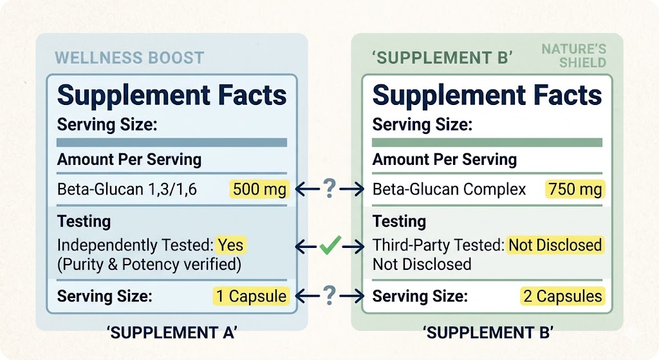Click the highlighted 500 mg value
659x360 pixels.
coord(259,189)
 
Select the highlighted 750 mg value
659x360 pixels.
coord(575,189)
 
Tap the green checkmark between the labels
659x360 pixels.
coord(329,245)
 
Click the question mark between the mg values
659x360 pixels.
coord(329,189)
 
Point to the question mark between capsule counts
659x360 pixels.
coord(329,296)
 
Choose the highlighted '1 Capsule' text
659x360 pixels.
coord(251,296)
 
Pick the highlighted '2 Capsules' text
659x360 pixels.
coord(562,296)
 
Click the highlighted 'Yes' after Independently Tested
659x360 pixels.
coord(231,245)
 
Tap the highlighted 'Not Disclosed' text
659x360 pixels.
coord(555,245)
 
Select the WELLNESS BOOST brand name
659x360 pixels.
coord(129,57)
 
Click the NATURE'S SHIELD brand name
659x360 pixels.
coord(573,56)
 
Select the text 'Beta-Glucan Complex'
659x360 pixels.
coord(449,190)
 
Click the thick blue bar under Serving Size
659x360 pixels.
coord(172,142)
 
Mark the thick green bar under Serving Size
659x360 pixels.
coord(487,142)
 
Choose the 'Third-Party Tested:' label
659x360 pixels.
coord(438,245)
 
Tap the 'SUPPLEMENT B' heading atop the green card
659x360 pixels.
coord(442,57)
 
